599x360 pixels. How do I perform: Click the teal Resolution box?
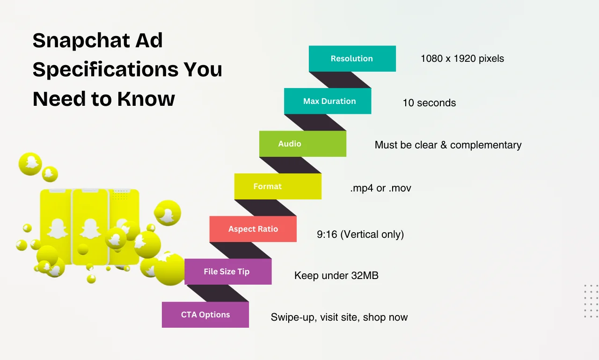[352, 59]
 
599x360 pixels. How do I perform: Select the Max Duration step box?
[328, 101]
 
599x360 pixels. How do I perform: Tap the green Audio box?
[303, 144]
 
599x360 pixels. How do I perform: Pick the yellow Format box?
[278, 186]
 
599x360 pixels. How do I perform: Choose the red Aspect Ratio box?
[253, 229]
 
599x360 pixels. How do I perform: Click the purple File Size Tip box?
[228, 272]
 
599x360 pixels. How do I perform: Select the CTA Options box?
[205, 315]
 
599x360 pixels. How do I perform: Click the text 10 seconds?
[429, 103]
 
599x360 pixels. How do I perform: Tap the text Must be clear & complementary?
[448, 145]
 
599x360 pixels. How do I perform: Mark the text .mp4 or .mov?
[380, 188]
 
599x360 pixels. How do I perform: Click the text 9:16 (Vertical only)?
[360, 234]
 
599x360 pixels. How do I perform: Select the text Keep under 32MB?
[336, 275]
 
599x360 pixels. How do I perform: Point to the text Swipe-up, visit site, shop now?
[339, 317]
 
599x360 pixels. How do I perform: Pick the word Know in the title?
[146, 99]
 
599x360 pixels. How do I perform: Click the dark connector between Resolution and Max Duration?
[340, 80]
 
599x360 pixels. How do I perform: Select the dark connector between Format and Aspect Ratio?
[265, 207]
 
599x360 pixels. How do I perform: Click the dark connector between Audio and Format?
[290, 165]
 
